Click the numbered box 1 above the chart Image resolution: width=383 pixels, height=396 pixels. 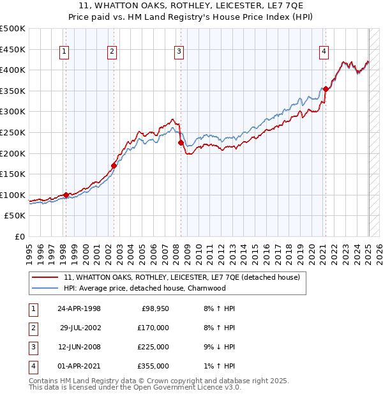[65, 52]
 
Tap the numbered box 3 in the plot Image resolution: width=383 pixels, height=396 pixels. [179, 52]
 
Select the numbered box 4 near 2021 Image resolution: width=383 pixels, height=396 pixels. [324, 52]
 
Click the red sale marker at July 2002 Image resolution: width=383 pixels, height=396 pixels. [114, 165]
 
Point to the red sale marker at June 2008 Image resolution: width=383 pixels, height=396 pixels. [181, 143]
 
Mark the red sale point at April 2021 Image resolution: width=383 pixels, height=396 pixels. [326, 89]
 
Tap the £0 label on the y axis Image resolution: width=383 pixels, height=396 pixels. [19, 237]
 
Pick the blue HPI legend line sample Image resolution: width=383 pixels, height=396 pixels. [45, 288]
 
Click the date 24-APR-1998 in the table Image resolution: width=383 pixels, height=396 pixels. [79, 308]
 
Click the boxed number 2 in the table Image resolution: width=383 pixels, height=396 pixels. [32, 328]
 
